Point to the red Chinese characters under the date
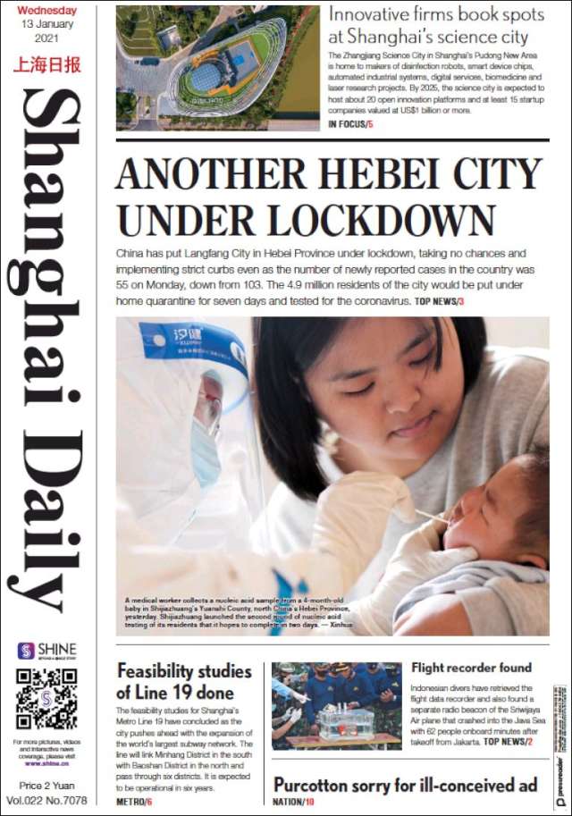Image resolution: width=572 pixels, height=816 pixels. (46, 64)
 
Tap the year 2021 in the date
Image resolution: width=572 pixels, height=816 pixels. (46, 39)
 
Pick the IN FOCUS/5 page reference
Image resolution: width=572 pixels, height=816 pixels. (350, 123)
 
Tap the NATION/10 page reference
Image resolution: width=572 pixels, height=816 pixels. (294, 802)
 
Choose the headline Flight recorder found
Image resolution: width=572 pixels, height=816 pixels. (471, 668)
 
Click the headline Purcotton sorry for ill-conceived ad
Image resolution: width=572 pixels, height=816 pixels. (405, 784)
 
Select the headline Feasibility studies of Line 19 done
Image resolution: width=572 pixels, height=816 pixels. (175, 681)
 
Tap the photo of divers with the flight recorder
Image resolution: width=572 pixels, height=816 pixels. (336, 705)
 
